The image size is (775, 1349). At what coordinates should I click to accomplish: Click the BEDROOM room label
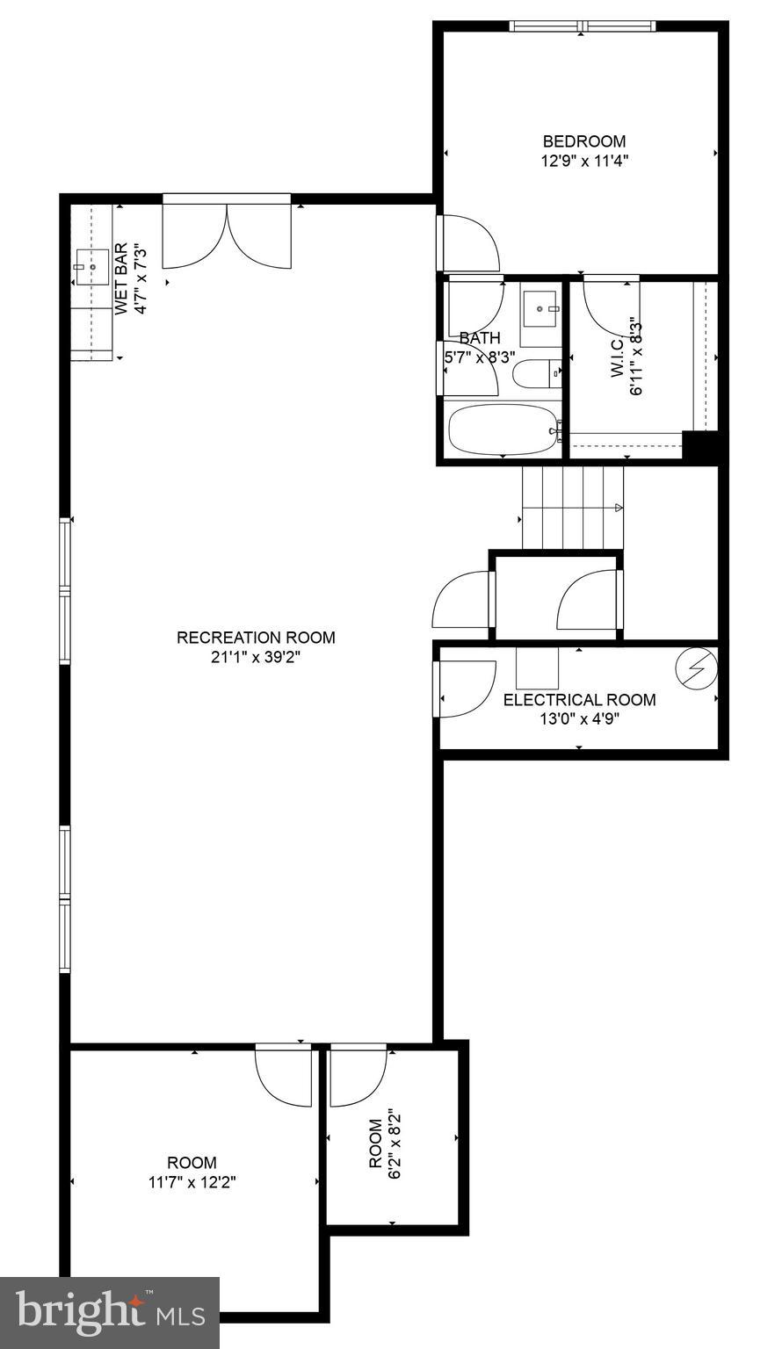pyautogui.click(x=583, y=141)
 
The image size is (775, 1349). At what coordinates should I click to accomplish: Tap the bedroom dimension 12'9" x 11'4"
pyautogui.click(x=583, y=161)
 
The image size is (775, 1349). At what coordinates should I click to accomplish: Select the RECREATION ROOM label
pyautogui.click(x=256, y=638)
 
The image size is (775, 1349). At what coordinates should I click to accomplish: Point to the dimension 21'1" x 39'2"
pyautogui.click(x=256, y=657)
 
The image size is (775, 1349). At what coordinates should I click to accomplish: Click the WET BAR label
pyautogui.click(x=121, y=279)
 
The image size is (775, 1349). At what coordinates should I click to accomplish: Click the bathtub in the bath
pyautogui.click(x=501, y=429)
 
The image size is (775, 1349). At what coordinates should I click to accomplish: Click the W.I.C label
pyautogui.click(x=616, y=359)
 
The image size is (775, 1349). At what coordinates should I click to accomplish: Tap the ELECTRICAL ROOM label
pyautogui.click(x=579, y=700)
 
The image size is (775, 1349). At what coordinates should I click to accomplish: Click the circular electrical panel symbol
pyautogui.click(x=696, y=669)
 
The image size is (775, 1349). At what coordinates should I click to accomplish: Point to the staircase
pyautogui.click(x=572, y=507)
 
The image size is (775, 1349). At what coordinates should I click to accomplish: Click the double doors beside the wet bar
pyautogui.click(x=227, y=234)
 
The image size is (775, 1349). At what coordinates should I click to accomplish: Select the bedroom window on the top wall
pyautogui.click(x=582, y=26)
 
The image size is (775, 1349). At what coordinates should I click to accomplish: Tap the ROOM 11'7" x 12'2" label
pyautogui.click(x=192, y=1163)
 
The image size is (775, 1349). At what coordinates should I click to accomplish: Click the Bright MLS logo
pyautogui.click(x=110, y=1312)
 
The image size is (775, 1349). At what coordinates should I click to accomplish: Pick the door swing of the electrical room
pyautogui.click(x=466, y=689)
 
